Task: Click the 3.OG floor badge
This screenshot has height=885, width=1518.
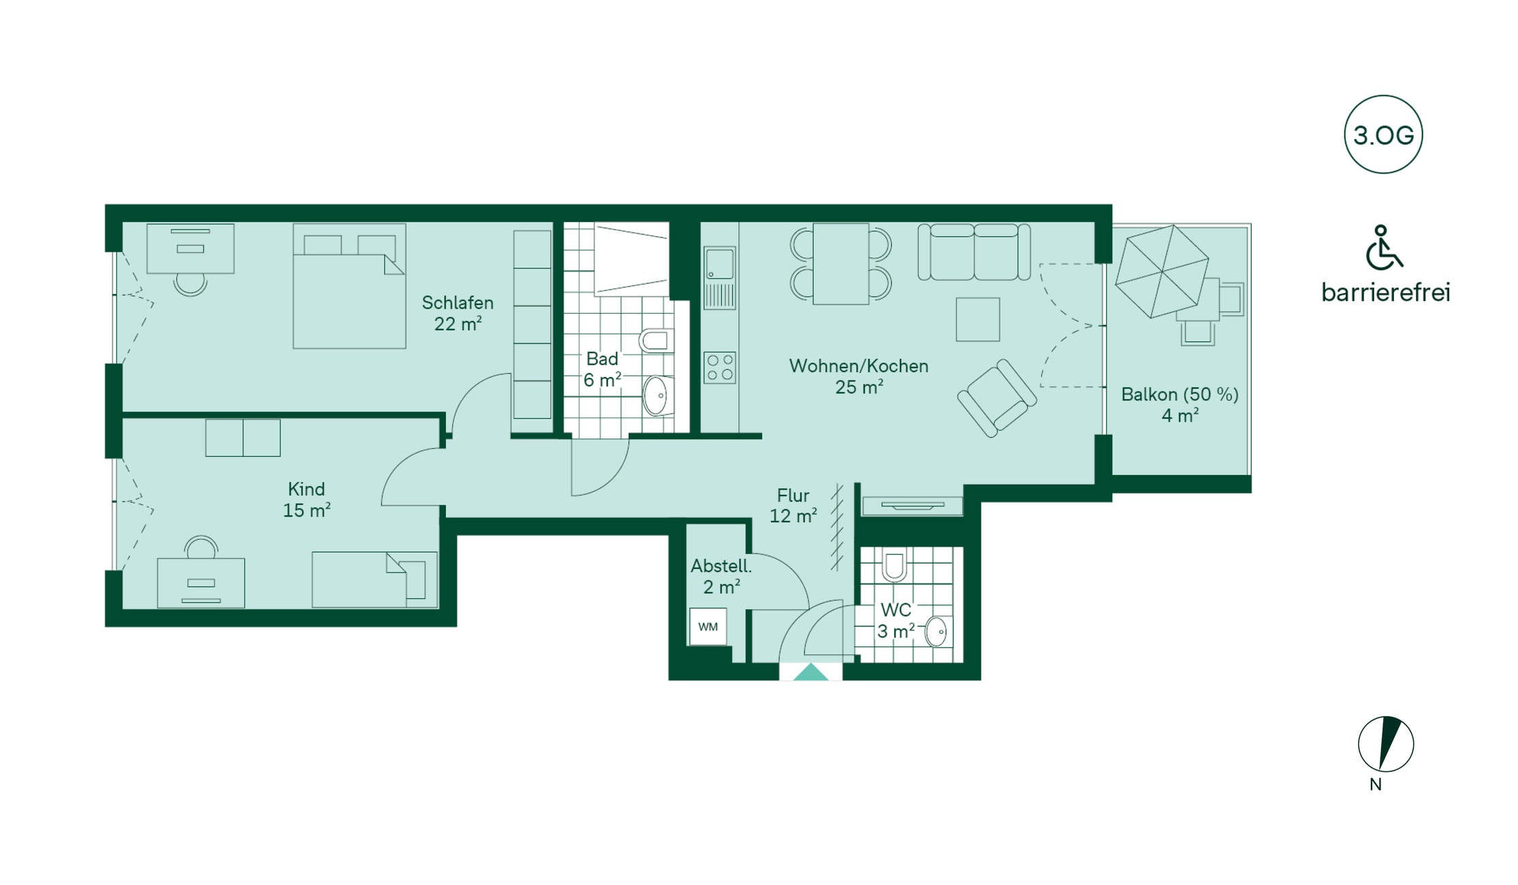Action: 1383,134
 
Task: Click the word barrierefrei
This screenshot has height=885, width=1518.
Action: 1386,293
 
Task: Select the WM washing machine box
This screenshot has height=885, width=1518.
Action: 708,626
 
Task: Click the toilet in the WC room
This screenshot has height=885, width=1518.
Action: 894,565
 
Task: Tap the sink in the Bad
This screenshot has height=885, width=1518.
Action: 656,396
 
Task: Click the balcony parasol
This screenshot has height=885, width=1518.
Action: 1162,271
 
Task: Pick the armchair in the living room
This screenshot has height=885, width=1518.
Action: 997,398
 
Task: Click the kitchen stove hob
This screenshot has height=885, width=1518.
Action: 720,368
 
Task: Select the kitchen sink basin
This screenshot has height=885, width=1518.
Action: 720,263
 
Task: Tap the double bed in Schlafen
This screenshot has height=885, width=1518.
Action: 349,286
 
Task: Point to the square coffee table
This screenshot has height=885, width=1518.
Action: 978,319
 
